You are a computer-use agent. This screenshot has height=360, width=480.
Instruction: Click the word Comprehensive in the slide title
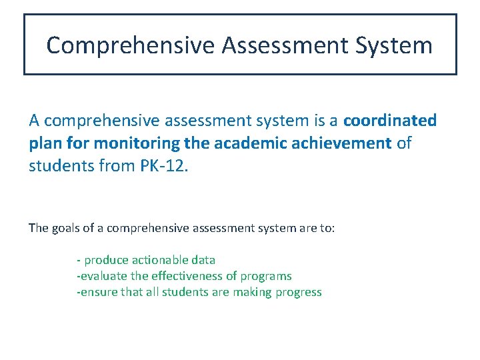pyautogui.click(x=131, y=45)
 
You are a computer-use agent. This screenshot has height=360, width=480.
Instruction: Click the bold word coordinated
pyautogui.click(x=390, y=121)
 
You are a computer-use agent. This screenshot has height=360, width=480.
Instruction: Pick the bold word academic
pyautogui.click(x=243, y=143)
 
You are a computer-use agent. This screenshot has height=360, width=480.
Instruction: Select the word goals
pyautogui.click(x=65, y=228)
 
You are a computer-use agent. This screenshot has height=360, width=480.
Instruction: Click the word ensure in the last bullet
pyautogui.click(x=97, y=292)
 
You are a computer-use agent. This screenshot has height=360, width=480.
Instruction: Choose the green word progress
pyautogui.click(x=299, y=292)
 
